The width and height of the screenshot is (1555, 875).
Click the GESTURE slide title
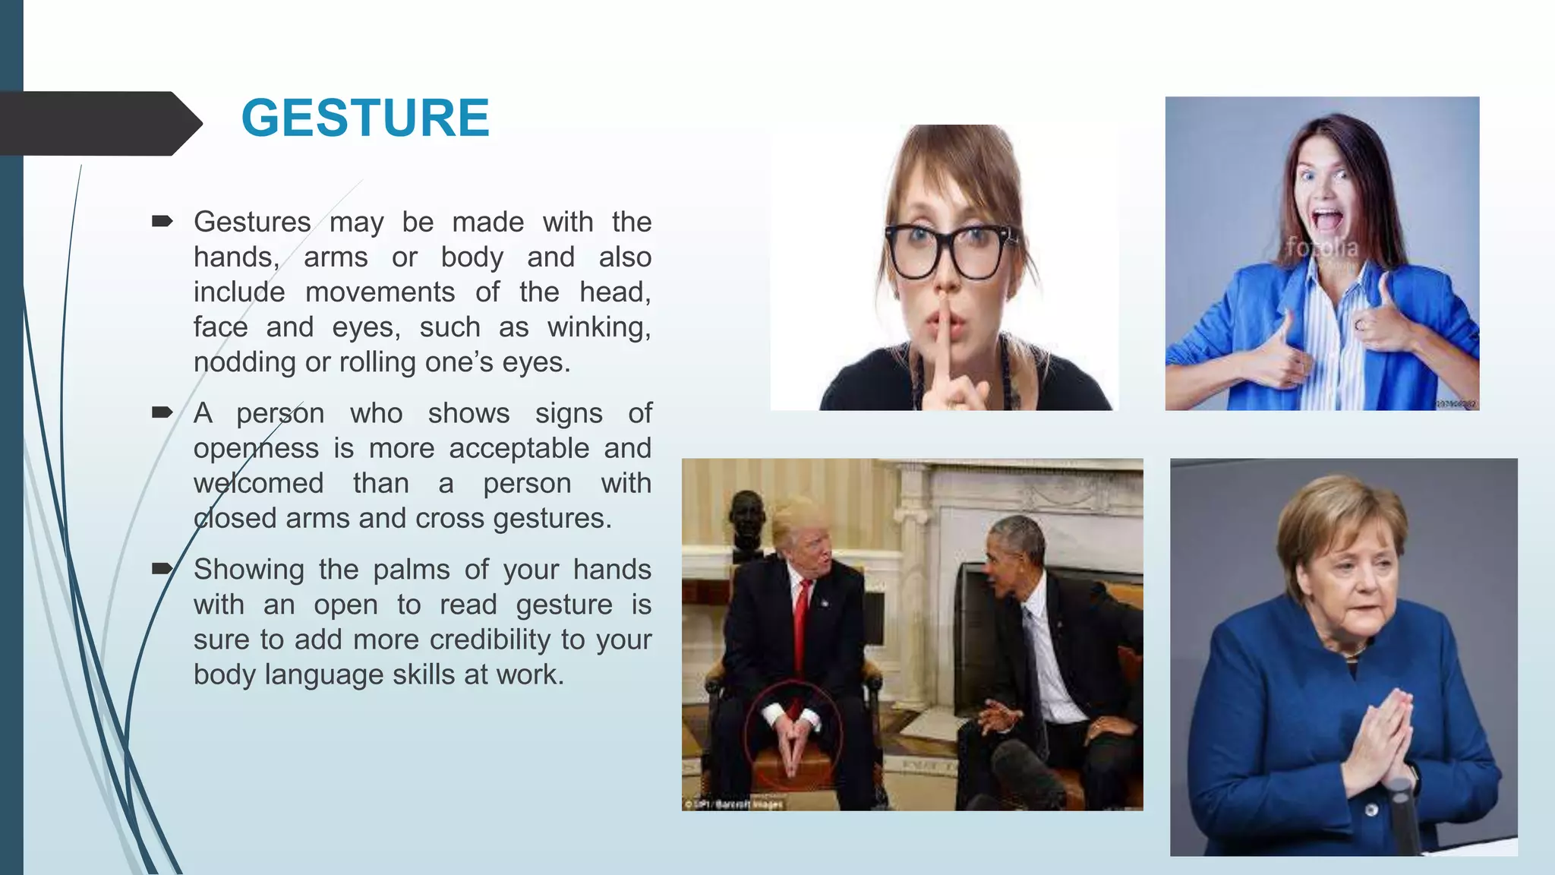[x=365, y=118]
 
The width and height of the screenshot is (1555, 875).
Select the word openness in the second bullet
[x=255, y=448]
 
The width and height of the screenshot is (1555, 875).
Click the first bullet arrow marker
[x=162, y=222]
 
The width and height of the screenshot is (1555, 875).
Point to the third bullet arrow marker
[x=162, y=569]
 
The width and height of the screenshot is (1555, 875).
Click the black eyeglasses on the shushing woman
[x=949, y=251]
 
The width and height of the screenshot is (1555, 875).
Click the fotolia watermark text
[x=1321, y=248]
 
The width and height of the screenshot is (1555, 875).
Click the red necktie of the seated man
[x=800, y=630]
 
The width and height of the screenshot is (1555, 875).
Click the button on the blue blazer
[x=1370, y=810]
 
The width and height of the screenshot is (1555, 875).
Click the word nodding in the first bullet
[x=244, y=362]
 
